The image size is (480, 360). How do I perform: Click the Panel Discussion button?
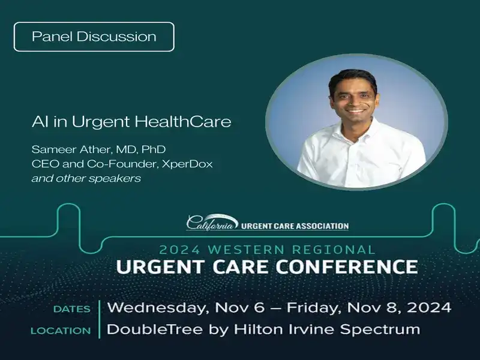(94, 37)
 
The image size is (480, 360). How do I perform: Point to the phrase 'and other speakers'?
(86, 179)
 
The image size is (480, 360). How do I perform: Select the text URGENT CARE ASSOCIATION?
(295, 226)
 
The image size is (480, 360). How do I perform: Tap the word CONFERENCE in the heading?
(349, 267)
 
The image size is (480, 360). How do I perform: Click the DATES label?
(72, 309)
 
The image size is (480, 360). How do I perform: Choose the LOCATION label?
(61, 330)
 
